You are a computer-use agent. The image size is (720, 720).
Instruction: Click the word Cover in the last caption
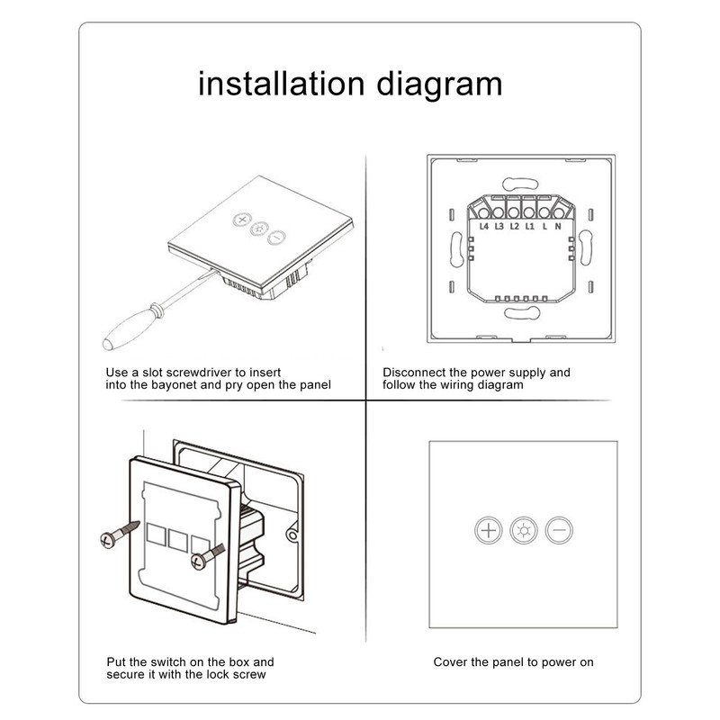451,661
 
